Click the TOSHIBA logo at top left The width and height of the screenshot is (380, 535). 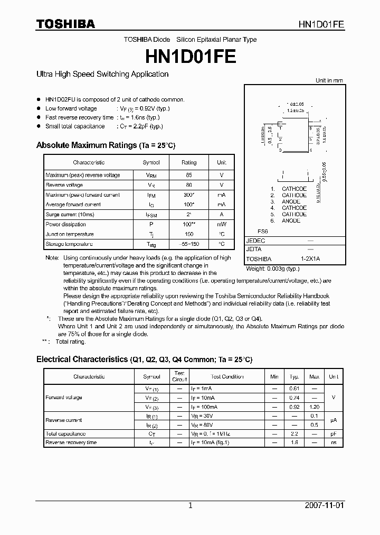(x=65, y=24)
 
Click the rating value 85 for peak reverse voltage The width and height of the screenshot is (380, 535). (x=189, y=175)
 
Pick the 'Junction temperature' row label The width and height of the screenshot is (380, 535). (x=70, y=234)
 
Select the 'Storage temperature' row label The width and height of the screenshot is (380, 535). (x=69, y=244)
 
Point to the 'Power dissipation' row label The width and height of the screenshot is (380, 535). (x=65, y=224)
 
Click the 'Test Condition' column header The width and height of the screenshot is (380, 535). (x=227, y=377)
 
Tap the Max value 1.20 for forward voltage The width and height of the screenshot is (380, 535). (x=314, y=407)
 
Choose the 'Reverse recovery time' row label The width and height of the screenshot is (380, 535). (x=71, y=442)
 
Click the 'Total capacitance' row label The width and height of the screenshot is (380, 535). (x=66, y=433)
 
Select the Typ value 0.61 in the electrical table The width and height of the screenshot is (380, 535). (x=294, y=389)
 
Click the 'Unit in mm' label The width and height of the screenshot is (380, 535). (x=329, y=80)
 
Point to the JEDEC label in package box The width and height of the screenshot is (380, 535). (x=255, y=241)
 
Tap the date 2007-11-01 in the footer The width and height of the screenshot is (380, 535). (x=324, y=505)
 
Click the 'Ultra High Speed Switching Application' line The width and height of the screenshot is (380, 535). (x=102, y=75)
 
